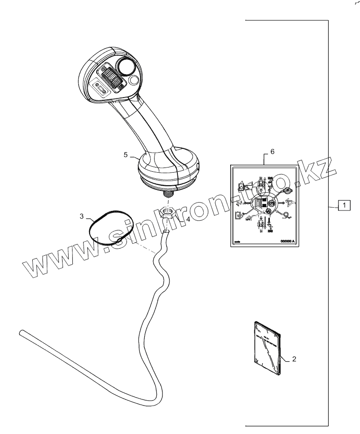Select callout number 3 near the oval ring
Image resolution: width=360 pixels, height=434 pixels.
(82, 216)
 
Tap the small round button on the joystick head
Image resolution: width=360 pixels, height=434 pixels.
(134, 81)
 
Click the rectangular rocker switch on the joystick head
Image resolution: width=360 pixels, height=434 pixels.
(100, 88)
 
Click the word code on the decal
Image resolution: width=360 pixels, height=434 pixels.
(238, 242)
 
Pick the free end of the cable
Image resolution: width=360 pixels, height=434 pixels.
(21, 333)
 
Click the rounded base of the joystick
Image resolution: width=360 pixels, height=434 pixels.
(168, 168)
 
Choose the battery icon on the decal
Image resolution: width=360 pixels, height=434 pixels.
(238, 215)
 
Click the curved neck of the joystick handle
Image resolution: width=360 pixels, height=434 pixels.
(149, 126)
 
